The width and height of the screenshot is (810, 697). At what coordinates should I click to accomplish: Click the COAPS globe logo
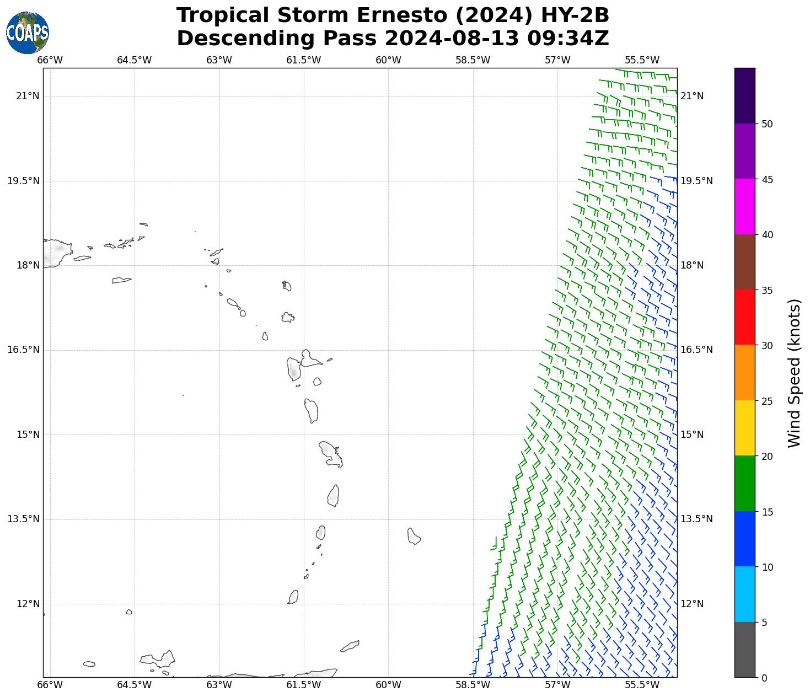coord(28,33)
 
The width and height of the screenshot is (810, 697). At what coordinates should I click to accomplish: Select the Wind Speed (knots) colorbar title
coord(793,373)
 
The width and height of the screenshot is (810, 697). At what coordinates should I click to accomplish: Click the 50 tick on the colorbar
coord(766,124)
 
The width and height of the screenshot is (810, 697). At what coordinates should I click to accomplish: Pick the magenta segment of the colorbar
coord(744,207)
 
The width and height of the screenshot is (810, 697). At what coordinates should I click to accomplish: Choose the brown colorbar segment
coord(744,262)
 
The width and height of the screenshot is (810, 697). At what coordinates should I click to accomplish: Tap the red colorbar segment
coord(744,317)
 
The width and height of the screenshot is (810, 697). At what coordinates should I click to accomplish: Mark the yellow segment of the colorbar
coord(744,428)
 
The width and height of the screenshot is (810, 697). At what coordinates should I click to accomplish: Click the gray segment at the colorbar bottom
coord(744,650)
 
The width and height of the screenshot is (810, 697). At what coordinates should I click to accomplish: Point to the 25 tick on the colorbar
coord(766,401)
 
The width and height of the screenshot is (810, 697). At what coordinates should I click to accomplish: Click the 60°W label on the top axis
coord(388,60)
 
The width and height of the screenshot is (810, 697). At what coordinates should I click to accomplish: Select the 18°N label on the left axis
coord(28,265)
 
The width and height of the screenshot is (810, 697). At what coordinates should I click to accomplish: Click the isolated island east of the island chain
coord(414,536)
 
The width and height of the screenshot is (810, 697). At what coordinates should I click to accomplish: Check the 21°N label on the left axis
coord(28,96)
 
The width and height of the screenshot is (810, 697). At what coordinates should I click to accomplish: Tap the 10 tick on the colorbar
coord(766,567)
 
